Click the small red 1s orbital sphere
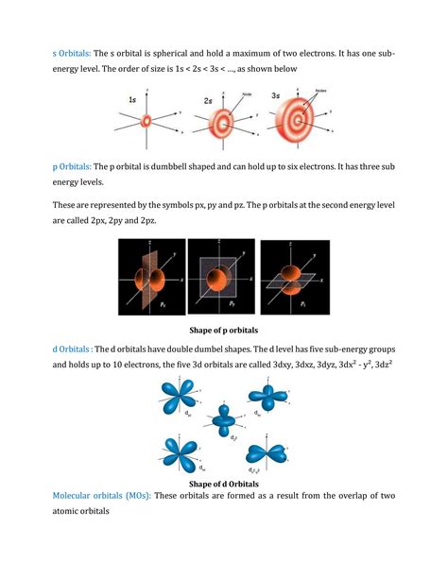coord(146,122)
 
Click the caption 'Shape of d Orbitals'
coord(224,484)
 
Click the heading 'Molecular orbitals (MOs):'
coord(101,496)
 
